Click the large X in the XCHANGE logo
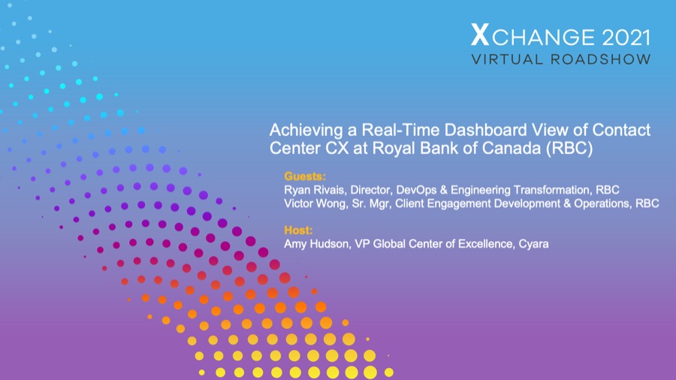(479, 35)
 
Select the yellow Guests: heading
(305, 176)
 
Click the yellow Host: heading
(298, 231)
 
